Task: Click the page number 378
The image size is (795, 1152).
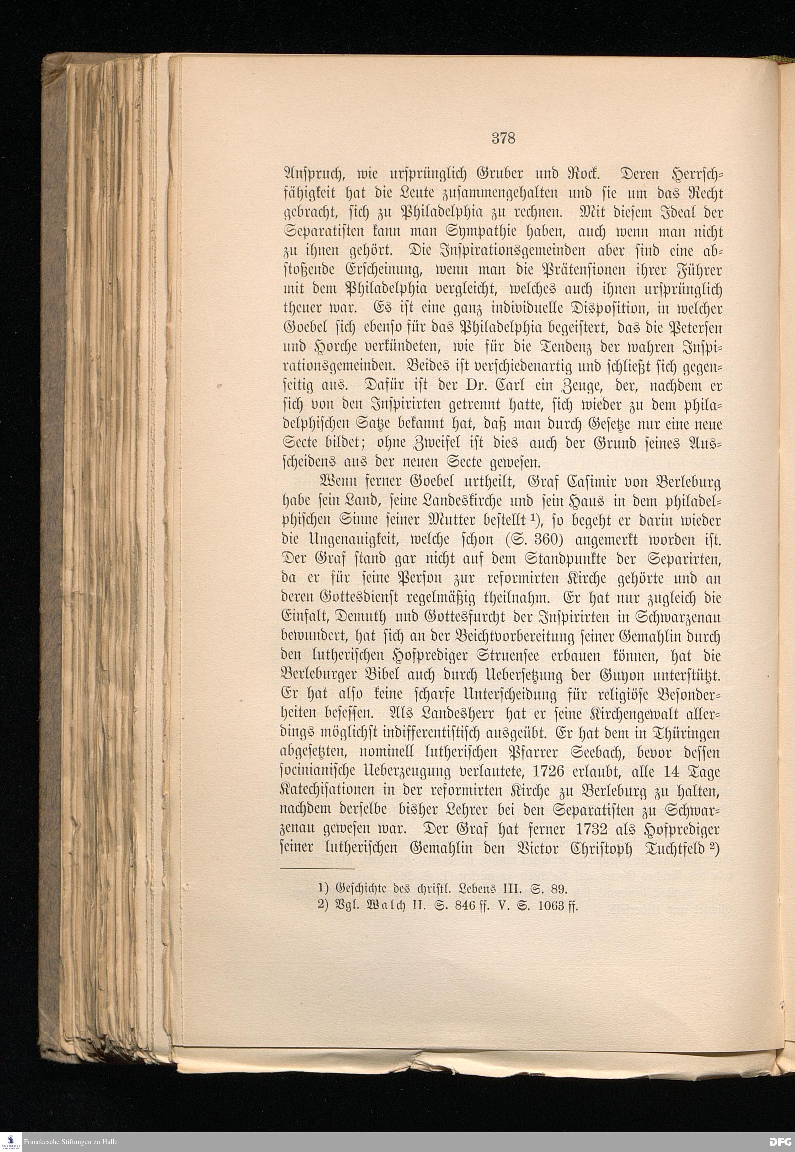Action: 503,138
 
